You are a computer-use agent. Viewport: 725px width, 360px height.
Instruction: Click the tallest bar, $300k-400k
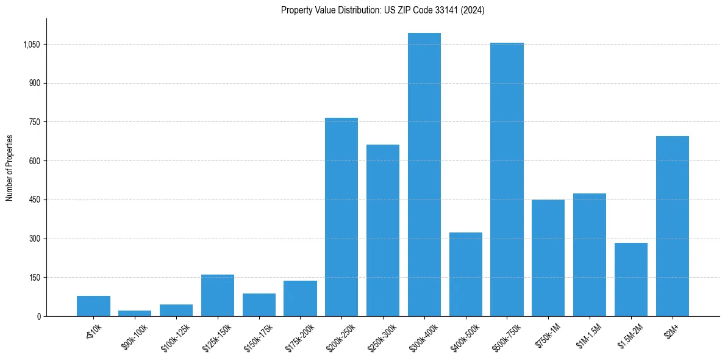424,175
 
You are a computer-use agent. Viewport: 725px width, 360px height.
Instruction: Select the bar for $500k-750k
507,179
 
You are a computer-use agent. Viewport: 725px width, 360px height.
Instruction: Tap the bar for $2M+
672,226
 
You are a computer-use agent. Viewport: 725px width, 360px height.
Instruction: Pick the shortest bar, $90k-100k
135,313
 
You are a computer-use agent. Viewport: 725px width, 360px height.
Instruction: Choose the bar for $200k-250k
341,217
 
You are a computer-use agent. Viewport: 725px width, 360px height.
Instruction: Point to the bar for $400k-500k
465,274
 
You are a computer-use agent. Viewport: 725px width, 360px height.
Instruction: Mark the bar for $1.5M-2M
630,279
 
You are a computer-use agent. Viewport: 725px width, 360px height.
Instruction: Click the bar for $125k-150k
217,295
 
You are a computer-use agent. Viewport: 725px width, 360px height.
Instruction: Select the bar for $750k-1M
548,257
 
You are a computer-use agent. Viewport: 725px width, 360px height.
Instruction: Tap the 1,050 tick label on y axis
31,45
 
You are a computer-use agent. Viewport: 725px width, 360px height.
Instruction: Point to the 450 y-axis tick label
34,200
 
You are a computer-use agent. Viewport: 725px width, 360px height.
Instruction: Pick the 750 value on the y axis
34,122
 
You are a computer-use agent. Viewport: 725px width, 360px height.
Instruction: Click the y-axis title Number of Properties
9,168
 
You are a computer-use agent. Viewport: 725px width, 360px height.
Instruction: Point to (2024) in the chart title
473,10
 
